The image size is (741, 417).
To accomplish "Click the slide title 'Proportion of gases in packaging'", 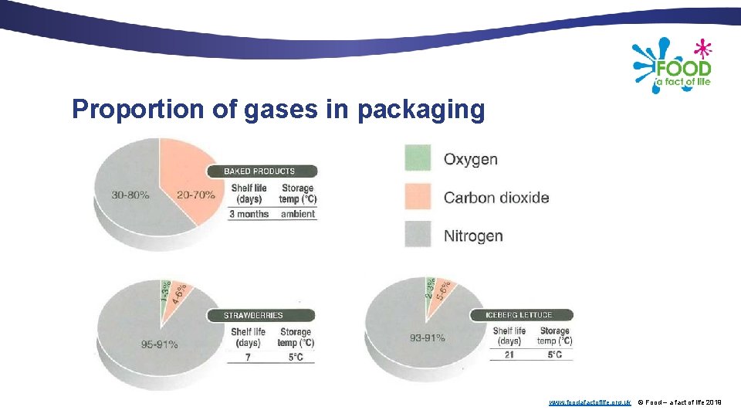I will coord(278,110).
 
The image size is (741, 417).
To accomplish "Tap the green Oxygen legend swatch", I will coord(418,158).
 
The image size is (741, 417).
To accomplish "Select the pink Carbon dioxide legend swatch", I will coord(418,196).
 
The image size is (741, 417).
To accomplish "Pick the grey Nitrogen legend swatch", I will coord(418,235).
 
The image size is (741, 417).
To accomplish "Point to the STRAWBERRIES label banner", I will coord(255,315).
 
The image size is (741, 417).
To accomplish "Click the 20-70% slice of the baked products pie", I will coord(195,195).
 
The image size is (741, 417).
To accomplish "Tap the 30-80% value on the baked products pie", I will coord(130,195).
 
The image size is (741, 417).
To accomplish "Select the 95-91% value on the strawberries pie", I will coord(159,344).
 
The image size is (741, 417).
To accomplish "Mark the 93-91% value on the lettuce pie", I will coord(427,337).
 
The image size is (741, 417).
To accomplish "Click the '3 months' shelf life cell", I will coord(249,214).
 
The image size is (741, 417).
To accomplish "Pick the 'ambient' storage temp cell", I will coord(298,214).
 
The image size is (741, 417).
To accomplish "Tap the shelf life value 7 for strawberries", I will coord(249,358).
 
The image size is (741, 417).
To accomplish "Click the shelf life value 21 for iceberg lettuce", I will coord(509,354).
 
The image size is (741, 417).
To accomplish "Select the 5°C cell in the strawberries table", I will coord(296,358).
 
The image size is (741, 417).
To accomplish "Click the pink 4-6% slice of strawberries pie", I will coord(177,294).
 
